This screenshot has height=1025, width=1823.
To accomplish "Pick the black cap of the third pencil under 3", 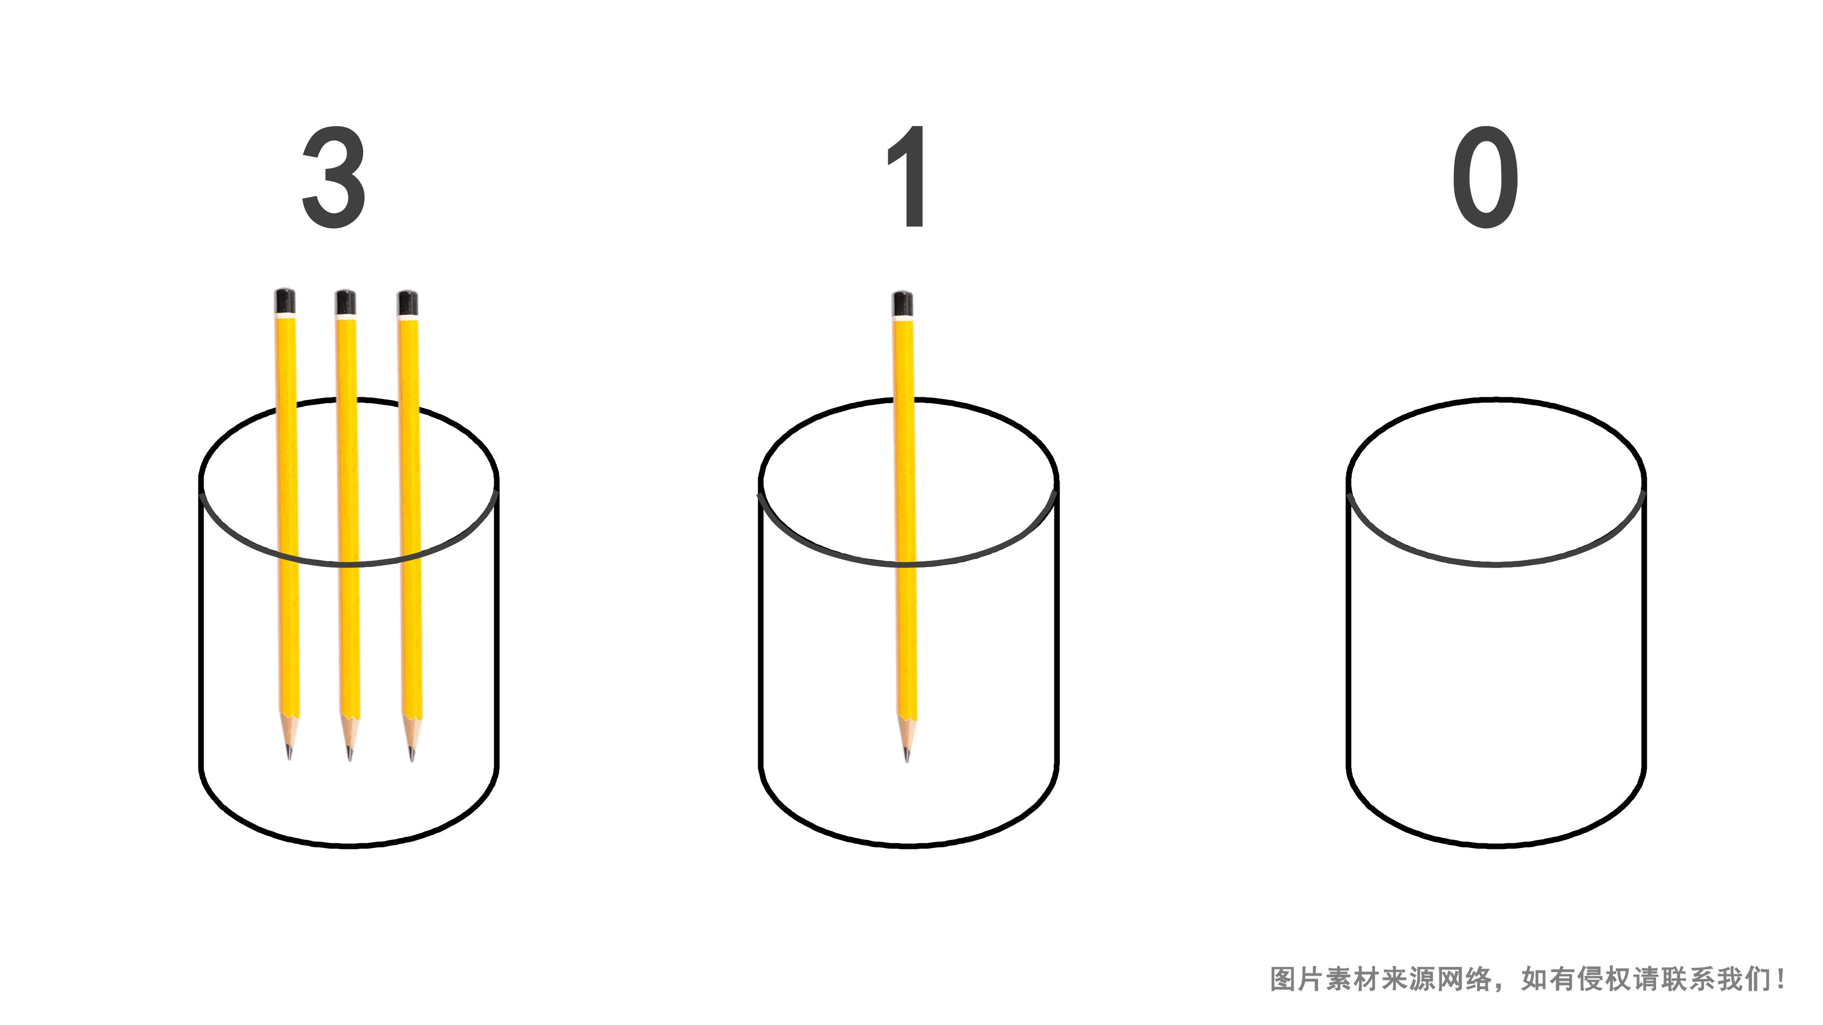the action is [408, 303].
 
